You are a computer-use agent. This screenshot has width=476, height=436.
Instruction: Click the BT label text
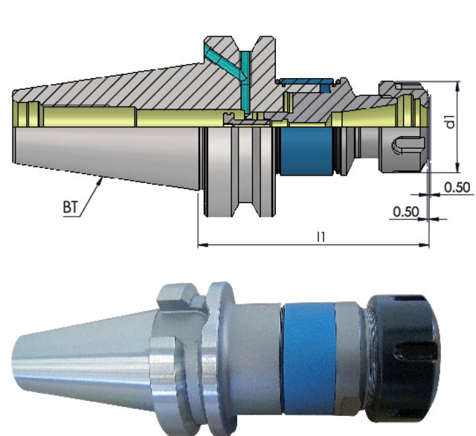pyautogui.click(x=71, y=208)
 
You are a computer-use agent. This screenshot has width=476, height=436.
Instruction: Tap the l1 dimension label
pyautogui.click(x=321, y=236)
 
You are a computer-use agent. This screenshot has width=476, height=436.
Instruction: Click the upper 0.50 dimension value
pyautogui.click(x=457, y=187)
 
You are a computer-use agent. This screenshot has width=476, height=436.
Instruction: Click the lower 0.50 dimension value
pyautogui.click(x=405, y=212)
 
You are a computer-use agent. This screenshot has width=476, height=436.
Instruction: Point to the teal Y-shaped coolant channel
pyautogui.click(x=224, y=62)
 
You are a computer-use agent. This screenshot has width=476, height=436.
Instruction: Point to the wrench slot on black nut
pyautogui.click(x=413, y=357)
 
